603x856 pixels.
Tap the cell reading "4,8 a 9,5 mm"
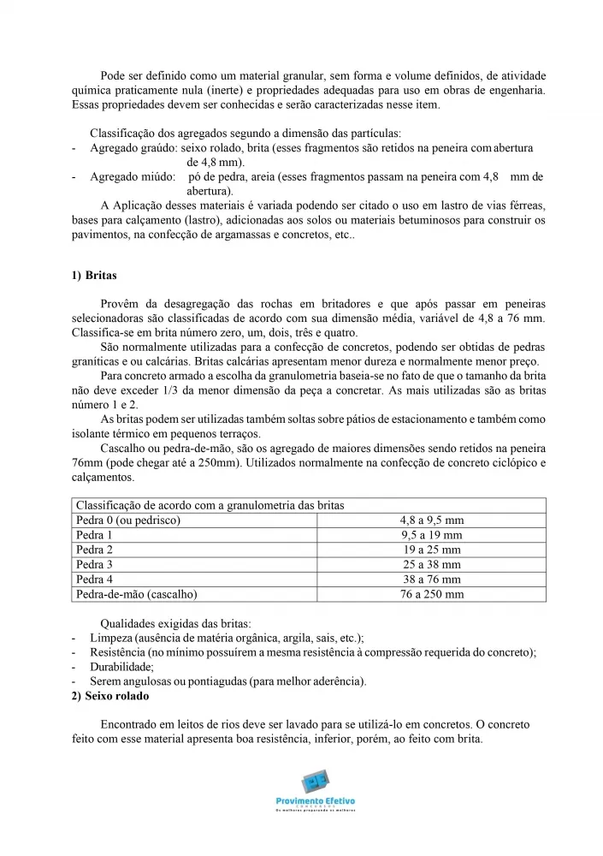(x=432, y=520)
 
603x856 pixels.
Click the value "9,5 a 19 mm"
(x=432, y=535)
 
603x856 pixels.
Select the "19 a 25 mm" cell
(x=432, y=550)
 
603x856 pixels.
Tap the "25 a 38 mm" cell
(x=432, y=564)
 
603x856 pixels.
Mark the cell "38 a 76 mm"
(x=432, y=580)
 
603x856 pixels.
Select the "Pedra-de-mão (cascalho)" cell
(x=137, y=594)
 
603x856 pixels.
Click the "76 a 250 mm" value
(x=432, y=594)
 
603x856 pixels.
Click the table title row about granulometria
(x=210, y=505)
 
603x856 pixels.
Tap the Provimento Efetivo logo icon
(x=316, y=782)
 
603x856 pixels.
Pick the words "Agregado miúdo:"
(x=127, y=177)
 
